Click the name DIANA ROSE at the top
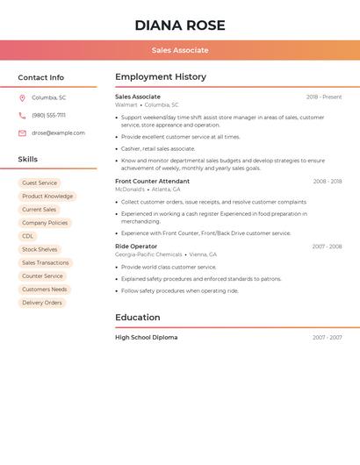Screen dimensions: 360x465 click(x=180, y=25)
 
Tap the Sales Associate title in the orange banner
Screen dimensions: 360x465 click(x=180, y=50)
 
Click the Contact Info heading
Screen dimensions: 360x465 click(x=41, y=77)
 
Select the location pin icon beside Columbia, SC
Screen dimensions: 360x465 click(x=22, y=97)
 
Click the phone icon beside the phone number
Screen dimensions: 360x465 click(x=22, y=115)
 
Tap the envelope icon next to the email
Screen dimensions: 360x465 click(x=22, y=133)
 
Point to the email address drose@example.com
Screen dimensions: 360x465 click(x=59, y=133)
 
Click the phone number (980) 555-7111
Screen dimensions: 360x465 click(x=49, y=115)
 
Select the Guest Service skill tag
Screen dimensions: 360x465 click(x=40, y=183)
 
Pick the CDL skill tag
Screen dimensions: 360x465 click(x=28, y=236)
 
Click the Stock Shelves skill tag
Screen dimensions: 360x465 click(x=40, y=249)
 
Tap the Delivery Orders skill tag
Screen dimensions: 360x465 click(x=42, y=303)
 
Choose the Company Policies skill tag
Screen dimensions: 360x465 click(x=45, y=223)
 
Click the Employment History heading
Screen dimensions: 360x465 click(x=161, y=77)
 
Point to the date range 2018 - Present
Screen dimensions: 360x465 click(x=324, y=97)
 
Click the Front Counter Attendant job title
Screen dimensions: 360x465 click(x=152, y=182)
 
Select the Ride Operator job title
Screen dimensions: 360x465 click(x=136, y=247)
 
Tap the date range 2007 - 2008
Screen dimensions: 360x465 click(x=327, y=247)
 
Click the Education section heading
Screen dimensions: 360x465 click(x=138, y=318)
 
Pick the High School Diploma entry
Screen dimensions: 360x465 click(x=146, y=338)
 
